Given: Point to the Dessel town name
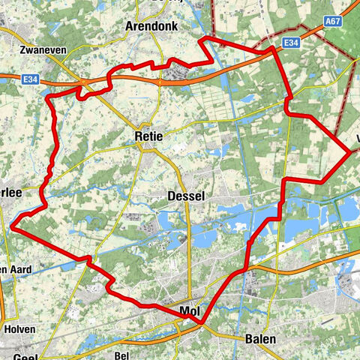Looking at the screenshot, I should pos(187,196).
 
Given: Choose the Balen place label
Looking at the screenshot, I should pos(260,339).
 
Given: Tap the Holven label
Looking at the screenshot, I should pos(19,328).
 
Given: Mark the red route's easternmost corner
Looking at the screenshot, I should pos(352,152).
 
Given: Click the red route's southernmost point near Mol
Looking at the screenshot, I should pos(202,322).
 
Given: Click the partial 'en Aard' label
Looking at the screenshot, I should pos(15,270).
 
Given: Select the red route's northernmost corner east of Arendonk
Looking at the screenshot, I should pos(204,37).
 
